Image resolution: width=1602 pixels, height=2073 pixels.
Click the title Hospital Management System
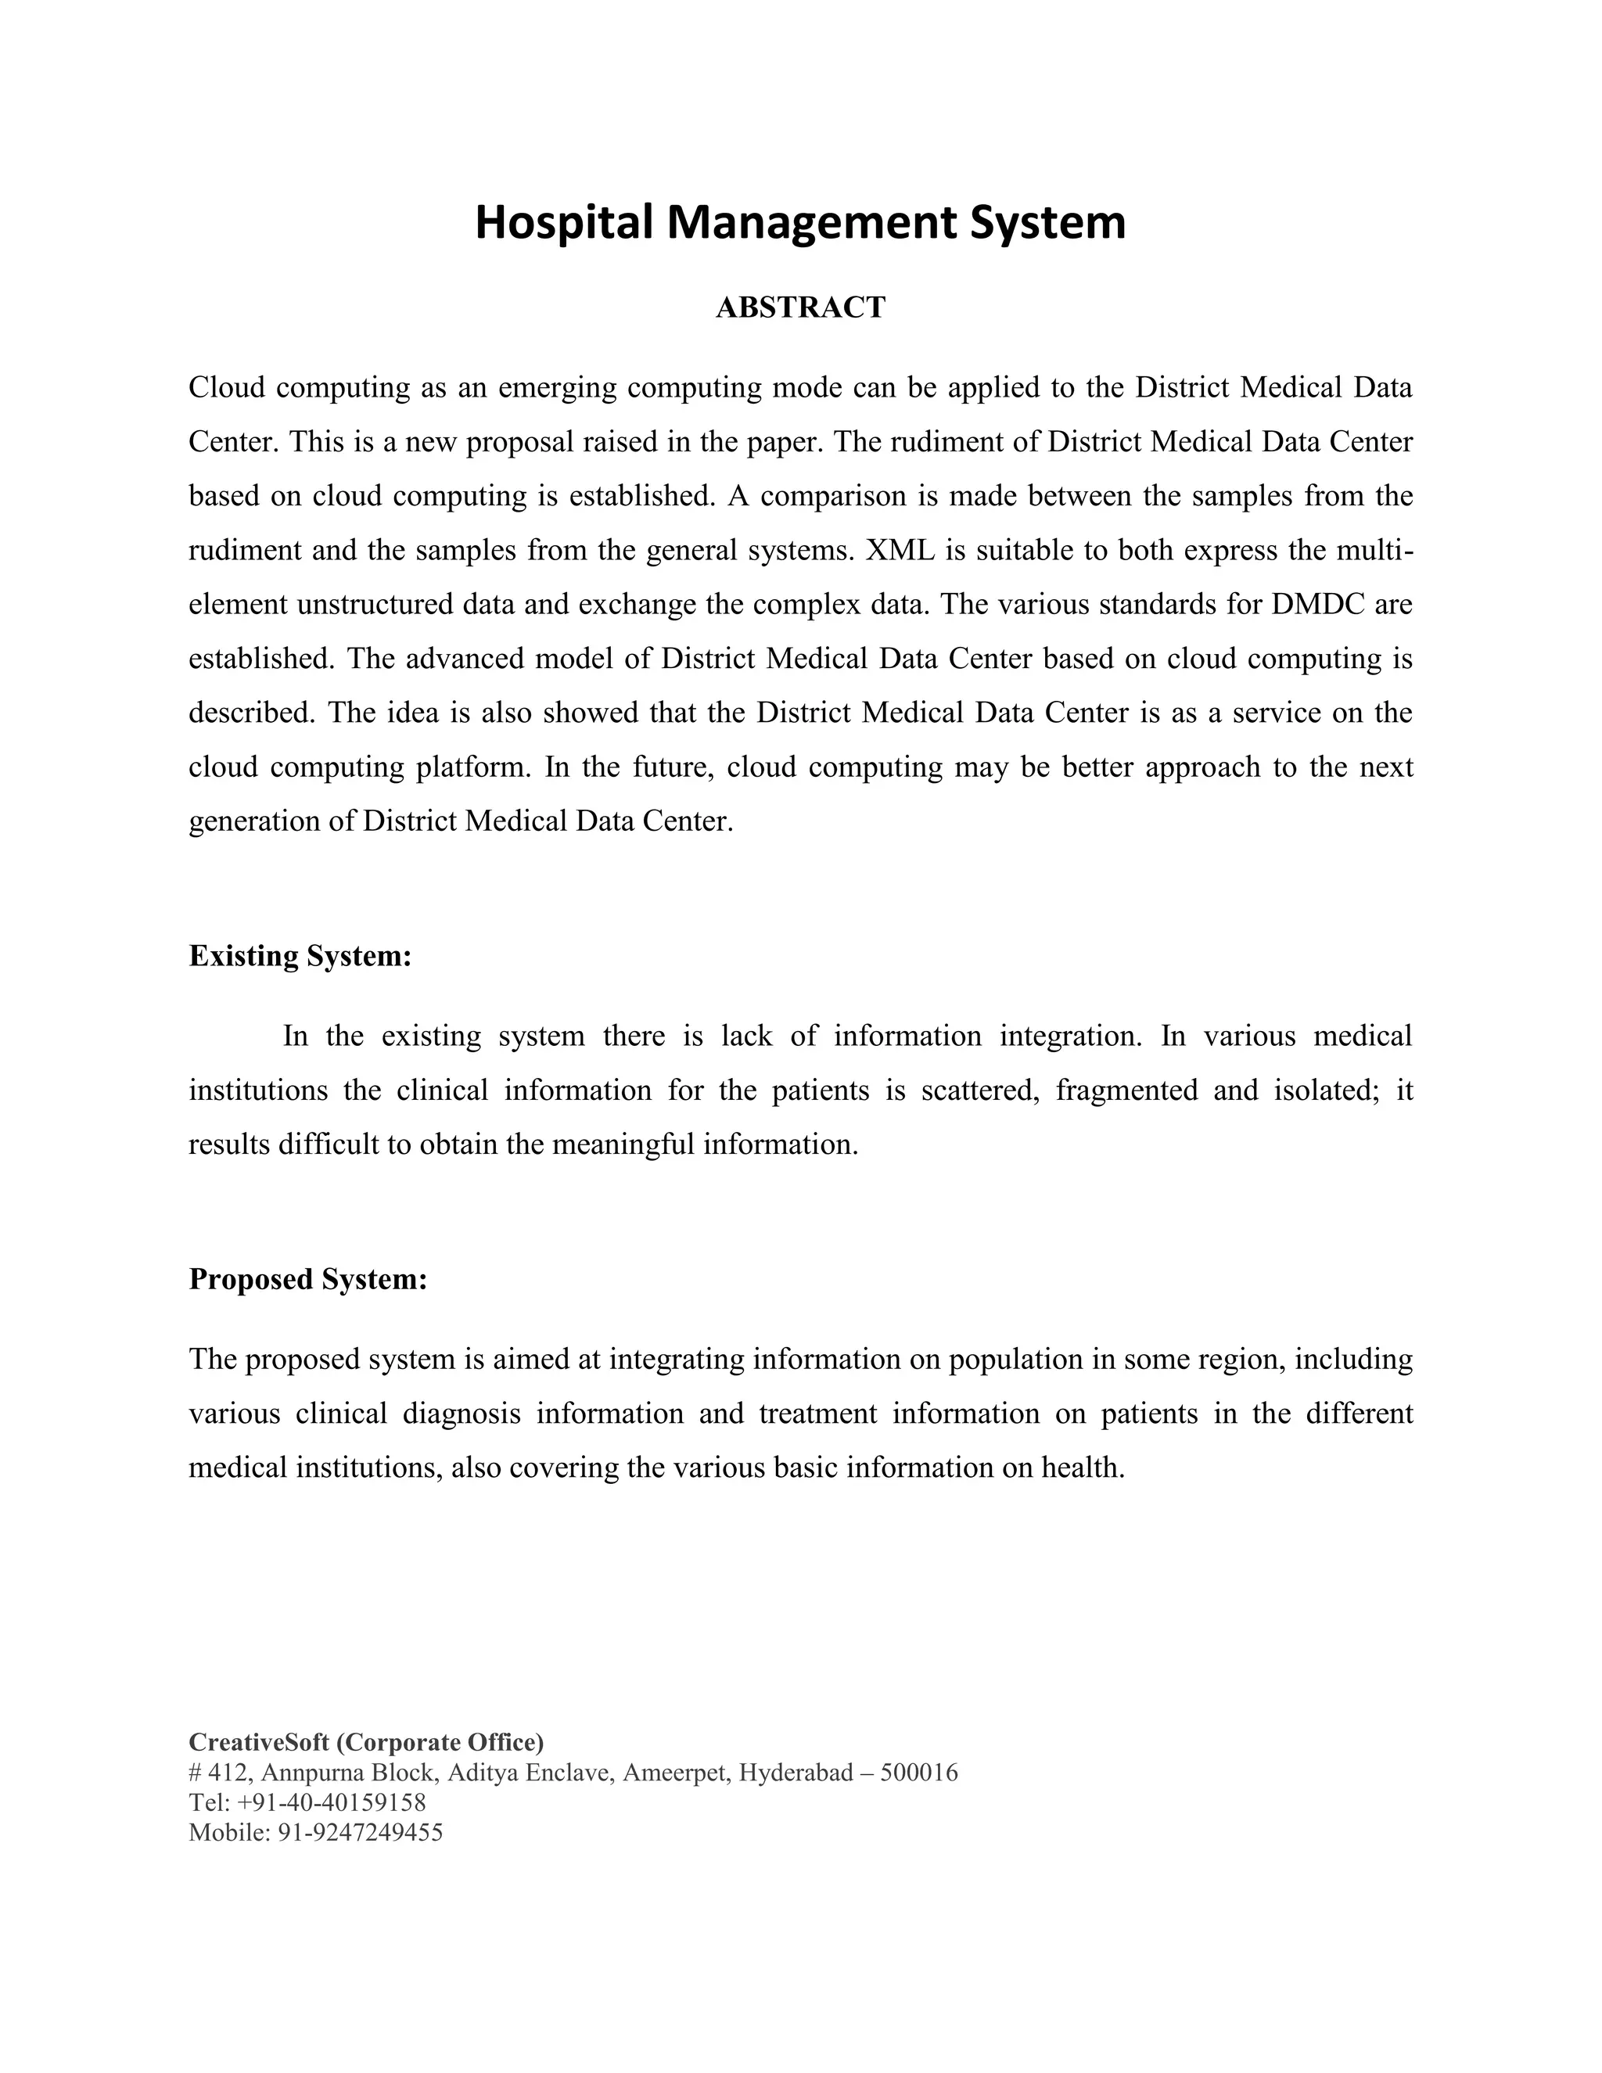pos(800,222)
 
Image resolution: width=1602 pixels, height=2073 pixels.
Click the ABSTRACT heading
pos(800,307)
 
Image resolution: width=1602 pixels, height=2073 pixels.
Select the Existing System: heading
pos(300,956)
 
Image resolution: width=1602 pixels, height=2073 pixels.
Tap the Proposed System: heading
pos(308,1280)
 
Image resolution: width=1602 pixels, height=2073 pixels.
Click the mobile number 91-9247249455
pos(360,1833)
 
